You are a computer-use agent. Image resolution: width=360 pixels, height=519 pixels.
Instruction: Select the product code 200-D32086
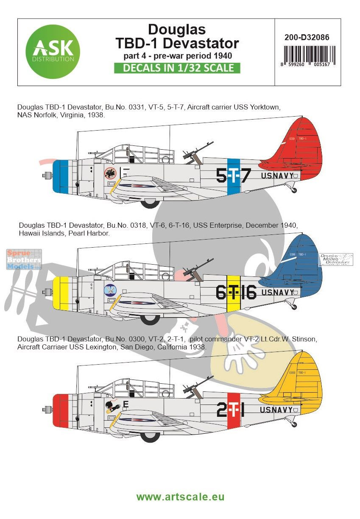point(308,37)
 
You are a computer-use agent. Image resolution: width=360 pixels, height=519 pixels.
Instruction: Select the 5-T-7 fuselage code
point(234,175)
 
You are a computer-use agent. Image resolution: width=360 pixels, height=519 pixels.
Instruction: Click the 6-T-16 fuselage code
point(236,293)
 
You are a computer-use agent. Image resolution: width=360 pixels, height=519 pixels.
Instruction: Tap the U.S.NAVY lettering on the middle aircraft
point(278,292)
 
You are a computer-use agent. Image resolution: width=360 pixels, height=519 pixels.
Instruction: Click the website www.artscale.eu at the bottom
point(180,497)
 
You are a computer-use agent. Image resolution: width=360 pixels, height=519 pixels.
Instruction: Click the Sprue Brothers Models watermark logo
point(24,259)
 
